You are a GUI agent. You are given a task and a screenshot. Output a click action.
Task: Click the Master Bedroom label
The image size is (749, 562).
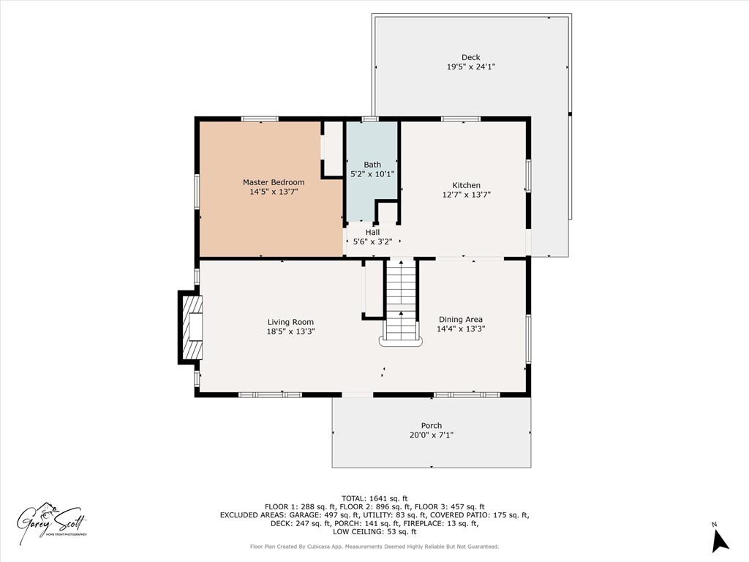(x=274, y=182)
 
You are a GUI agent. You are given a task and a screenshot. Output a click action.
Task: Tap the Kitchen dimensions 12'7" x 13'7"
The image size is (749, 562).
(x=466, y=195)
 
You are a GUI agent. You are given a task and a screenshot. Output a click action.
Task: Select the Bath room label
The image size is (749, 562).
(x=372, y=165)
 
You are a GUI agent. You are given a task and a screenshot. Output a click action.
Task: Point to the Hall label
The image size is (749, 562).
(x=372, y=232)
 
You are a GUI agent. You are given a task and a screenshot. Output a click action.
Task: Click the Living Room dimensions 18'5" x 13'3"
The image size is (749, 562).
(x=290, y=331)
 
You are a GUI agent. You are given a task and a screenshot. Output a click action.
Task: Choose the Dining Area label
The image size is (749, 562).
(x=460, y=319)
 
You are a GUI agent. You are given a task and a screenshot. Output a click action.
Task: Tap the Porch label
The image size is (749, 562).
(x=431, y=426)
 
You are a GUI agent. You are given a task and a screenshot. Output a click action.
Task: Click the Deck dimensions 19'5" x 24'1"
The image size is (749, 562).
(x=470, y=67)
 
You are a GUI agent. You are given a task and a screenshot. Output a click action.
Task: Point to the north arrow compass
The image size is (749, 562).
(x=720, y=539)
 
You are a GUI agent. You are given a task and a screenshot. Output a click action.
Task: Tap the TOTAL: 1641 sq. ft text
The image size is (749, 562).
(x=374, y=498)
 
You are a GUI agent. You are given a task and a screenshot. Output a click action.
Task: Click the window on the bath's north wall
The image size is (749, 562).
(x=370, y=119)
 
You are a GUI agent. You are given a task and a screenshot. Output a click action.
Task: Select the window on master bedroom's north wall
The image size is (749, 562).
(x=260, y=119)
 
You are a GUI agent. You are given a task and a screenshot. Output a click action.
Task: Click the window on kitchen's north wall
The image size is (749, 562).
(x=460, y=119)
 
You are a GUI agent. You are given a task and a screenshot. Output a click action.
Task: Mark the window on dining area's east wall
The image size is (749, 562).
(x=528, y=338)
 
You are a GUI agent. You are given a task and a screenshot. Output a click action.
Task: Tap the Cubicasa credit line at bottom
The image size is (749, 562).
(x=374, y=547)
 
